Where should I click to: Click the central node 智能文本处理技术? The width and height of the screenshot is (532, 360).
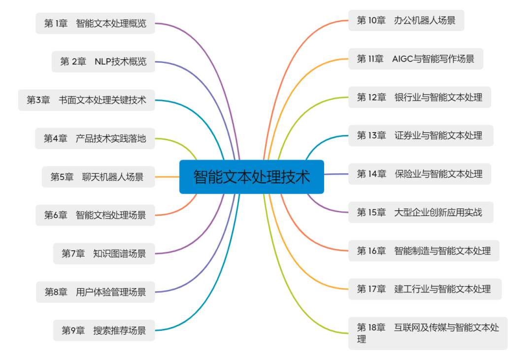pos(251,176)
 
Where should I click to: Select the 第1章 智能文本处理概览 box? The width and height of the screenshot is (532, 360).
pos(95,23)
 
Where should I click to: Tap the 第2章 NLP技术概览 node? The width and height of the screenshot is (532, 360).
pos(103,62)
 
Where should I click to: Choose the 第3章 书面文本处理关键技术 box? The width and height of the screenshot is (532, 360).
pos(86,100)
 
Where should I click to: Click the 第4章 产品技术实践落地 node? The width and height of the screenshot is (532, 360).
pos(95,138)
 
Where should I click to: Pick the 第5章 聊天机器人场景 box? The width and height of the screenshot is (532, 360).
pos(98,177)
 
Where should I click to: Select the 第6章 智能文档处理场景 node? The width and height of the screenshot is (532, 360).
pos(95,215)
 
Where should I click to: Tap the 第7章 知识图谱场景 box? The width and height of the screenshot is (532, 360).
pos(103,254)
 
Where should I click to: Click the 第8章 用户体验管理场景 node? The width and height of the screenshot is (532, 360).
pos(95,292)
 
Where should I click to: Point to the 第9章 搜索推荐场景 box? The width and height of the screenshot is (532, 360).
pos(103,330)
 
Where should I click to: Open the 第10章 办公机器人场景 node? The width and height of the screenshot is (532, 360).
pos(406,20)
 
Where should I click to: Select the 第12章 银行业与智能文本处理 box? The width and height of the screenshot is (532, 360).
pos(419,97)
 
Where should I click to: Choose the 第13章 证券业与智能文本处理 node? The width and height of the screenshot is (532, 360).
pos(420,135)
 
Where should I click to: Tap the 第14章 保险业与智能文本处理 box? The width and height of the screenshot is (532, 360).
pos(419,174)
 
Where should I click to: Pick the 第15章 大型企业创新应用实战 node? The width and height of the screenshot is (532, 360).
pos(419,212)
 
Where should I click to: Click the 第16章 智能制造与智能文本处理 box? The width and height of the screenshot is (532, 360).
pos(424,251)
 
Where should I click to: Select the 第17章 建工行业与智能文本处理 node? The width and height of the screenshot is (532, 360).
pos(425,289)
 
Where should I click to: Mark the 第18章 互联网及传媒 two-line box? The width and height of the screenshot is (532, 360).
pos(428,333)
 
